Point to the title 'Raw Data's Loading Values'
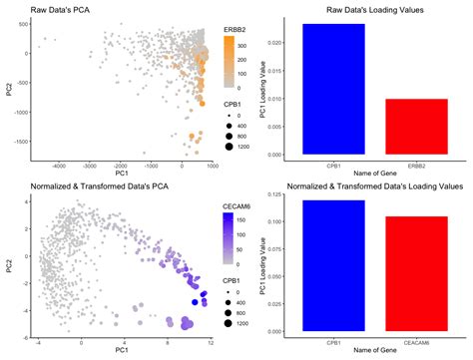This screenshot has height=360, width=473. tap(366, 8)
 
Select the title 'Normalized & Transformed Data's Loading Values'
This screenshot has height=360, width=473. tap(366, 185)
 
